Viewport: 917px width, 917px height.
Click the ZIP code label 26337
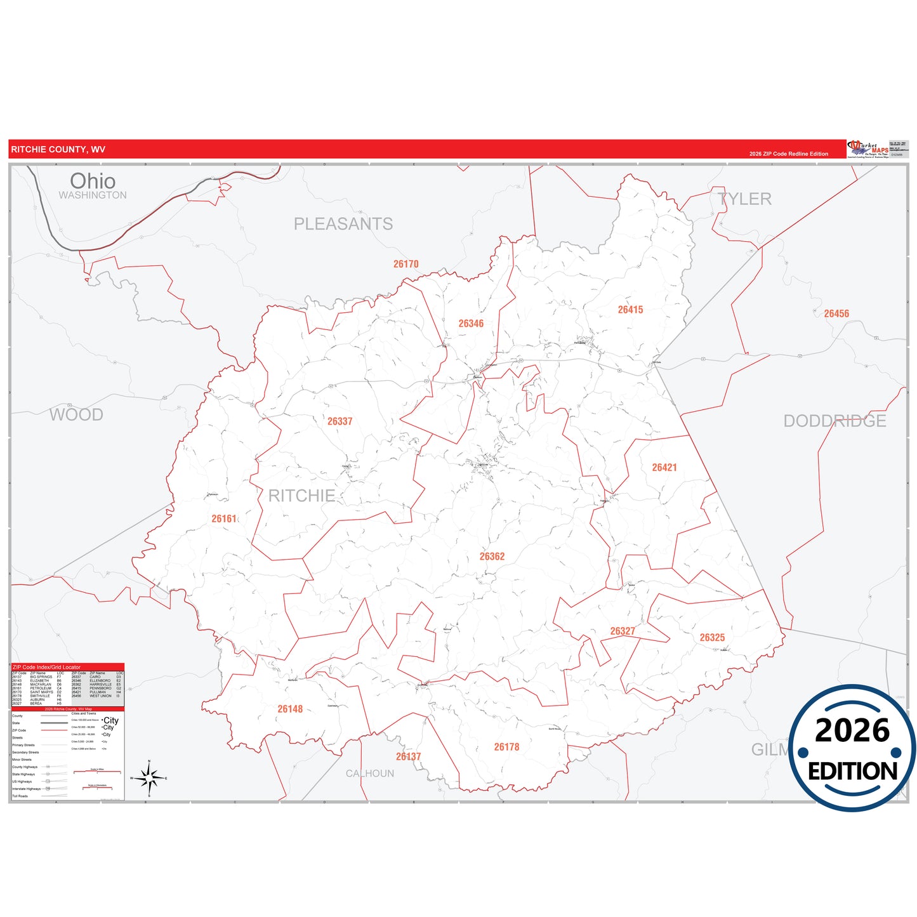(x=340, y=421)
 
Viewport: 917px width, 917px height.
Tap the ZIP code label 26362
(x=492, y=557)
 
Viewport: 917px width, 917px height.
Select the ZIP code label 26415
(x=630, y=310)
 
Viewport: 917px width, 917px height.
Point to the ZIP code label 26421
(x=664, y=468)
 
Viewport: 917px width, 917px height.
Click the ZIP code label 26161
(x=224, y=519)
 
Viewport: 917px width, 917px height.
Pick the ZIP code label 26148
(x=290, y=709)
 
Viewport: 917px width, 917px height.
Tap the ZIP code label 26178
(x=506, y=747)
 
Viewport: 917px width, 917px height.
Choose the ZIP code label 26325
(x=712, y=638)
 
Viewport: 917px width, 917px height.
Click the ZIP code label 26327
(x=622, y=631)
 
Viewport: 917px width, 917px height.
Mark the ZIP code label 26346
(x=471, y=324)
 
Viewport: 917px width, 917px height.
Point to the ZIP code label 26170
(x=406, y=264)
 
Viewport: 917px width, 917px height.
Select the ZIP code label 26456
(x=836, y=313)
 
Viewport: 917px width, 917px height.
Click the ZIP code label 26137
(x=408, y=756)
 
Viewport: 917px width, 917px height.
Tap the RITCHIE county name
(x=301, y=496)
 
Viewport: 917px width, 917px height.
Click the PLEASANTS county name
(x=343, y=224)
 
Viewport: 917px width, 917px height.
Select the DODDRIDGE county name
(x=834, y=421)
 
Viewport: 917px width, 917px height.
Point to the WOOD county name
(x=76, y=415)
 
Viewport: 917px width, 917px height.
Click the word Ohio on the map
(x=93, y=181)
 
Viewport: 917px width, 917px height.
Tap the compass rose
(x=149, y=777)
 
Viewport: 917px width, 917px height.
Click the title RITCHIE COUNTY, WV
(x=58, y=150)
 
